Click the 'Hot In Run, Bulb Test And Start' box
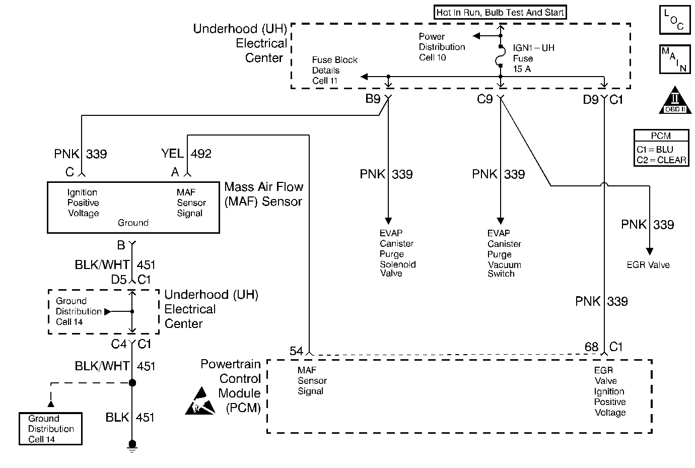(500, 13)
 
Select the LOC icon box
(674, 21)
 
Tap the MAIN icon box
(674, 59)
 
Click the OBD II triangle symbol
(675, 101)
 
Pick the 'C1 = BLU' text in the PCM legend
(654, 150)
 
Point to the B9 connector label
(373, 99)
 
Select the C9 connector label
(484, 99)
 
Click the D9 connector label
(590, 100)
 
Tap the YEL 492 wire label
(186, 154)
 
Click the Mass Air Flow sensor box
(133, 207)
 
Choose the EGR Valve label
(648, 265)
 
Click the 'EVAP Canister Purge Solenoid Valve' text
(397, 253)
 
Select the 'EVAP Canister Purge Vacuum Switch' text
(504, 253)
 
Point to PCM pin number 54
(297, 351)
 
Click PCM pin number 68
(591, 347)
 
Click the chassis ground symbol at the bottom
(132, 445)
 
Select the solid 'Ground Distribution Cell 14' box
(50, 429)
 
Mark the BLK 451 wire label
(129, 418)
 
